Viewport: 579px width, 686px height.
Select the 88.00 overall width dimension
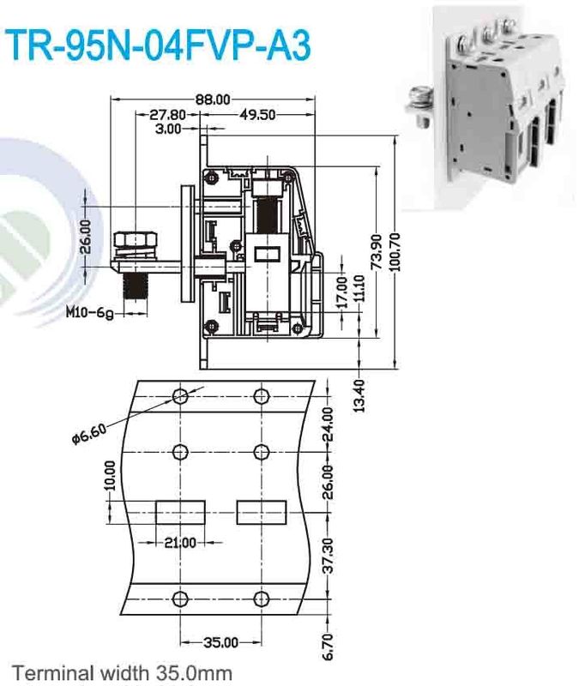click(x=213, y=99)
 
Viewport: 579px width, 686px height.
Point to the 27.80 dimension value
click(x=168, y=115)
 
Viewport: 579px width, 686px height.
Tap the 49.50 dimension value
click(x=257, y=115)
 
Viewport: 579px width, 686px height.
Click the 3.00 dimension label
click(x=169, y=129)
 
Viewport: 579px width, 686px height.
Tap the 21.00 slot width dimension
click(x=181, y=543)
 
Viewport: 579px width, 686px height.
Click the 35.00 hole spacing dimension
click(x=221, y=641)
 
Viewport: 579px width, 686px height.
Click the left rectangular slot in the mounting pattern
click(x=181, y=513)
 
